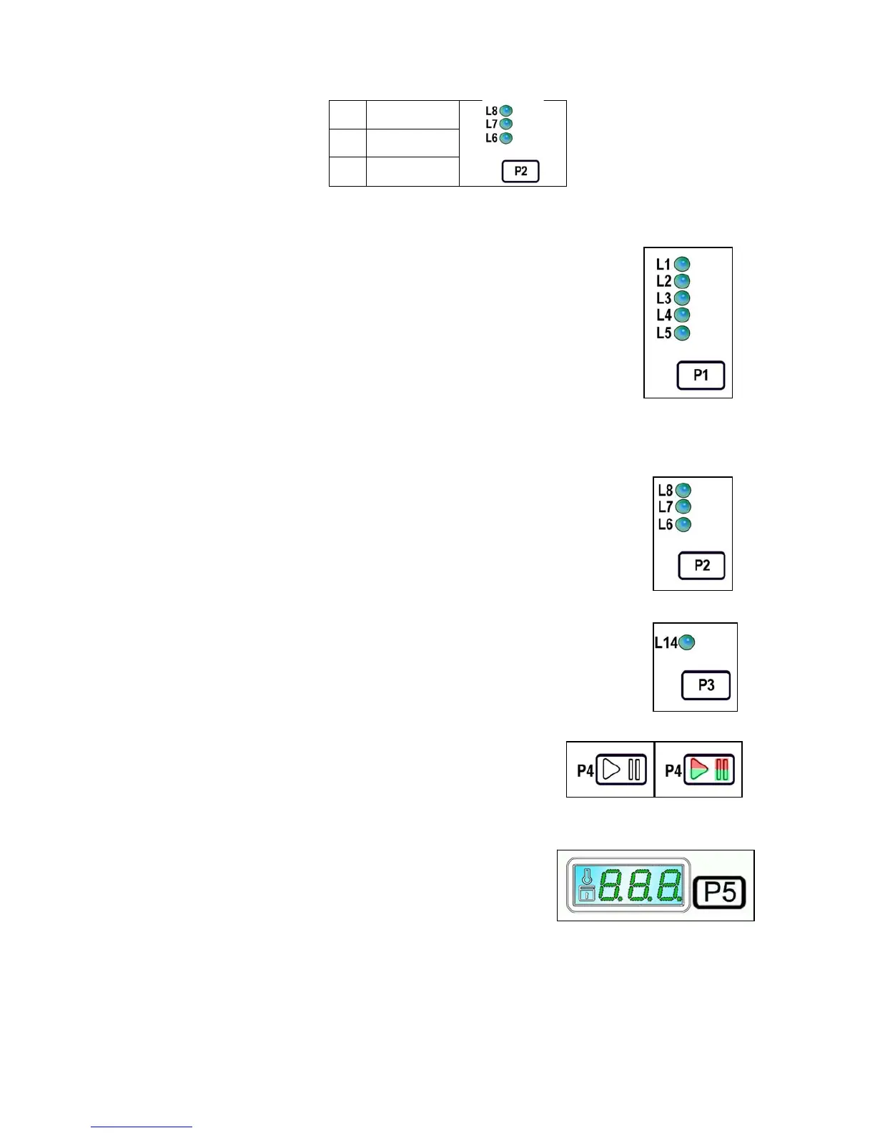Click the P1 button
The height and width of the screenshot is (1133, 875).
pyautogui.click(x=701, y=376)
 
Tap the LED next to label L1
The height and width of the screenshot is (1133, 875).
pyautogui.click(x=682, y=265)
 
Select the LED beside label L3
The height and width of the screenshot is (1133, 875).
pyautogui.click(x=682, y=298)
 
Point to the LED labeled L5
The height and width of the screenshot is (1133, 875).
pyautogui.click(x=682, y=333)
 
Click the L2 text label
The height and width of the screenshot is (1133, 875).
pyautogui.click(x=663, y=282)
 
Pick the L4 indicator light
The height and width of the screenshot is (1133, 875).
pyautogui.click(x=682, y=315)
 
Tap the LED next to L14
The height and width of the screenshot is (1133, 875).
pyautogui.click(x=686, y=643)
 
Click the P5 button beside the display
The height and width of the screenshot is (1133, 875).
pyautogui.click(x=720, y=893)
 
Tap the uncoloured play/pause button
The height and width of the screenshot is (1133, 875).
pyautogui.click(x=621, y=770)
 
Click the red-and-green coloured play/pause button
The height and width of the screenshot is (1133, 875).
pyautogui.click(x=708, y=770)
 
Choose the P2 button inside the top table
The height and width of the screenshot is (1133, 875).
pyautogui.click(x=520, y=172)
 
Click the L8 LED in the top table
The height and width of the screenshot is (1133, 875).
pyautogui.click(x=506, y=111)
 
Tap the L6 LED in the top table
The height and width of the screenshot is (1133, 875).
pyautogui.click(x=506, y=138)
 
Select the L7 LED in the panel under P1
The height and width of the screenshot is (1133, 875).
pyautogui.click(x=683, y=507)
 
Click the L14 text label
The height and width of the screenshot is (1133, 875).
pyautogui.click(x=666, y=643)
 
